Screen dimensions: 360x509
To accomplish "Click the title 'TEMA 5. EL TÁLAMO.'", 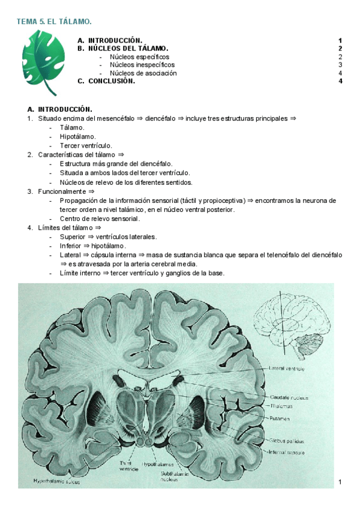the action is point(54,22).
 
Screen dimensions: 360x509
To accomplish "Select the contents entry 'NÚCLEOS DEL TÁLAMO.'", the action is point(128,48).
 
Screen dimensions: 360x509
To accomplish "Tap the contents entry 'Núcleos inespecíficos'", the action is point(142,64).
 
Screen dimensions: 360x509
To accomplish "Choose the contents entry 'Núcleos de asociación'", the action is point(143,73).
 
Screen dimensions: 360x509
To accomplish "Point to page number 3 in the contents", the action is point(340,64).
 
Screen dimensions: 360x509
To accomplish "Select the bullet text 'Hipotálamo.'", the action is point(78,136).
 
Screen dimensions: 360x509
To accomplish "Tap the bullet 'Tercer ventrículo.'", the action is point(88,145).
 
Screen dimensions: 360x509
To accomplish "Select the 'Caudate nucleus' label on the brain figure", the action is point(289,397).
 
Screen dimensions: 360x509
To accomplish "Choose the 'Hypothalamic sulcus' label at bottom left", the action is point(57,481).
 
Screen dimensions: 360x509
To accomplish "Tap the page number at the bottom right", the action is point(340,482).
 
